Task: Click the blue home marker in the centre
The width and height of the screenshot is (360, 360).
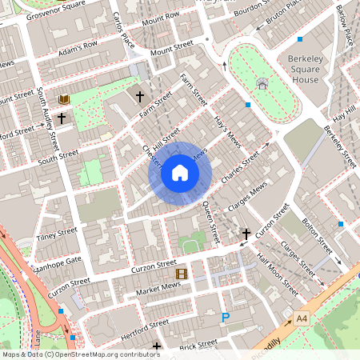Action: tap(180, 173)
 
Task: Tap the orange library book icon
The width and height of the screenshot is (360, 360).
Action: tap(64, 99)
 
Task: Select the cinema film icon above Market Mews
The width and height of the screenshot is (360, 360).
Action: tap(182, 274)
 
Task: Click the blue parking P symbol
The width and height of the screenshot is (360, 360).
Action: tap(226, 318)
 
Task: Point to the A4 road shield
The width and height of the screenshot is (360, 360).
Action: tap(301, 318)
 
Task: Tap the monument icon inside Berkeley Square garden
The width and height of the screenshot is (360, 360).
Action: tap(262, 83)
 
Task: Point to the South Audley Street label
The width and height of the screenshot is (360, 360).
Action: tap(49, 121)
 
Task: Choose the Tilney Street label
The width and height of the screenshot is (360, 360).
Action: tap(56, 233)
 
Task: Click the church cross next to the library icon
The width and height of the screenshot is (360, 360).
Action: tap(61, 117)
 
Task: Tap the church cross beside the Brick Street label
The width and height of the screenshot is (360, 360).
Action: tap(157, 347)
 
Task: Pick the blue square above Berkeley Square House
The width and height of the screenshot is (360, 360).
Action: tap(300, 39)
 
